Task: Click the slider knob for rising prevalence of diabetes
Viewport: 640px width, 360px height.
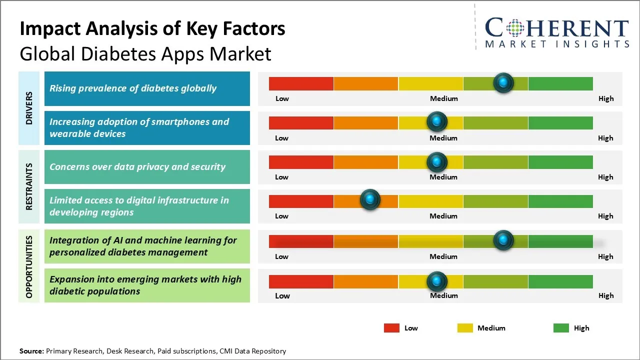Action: click(503, 82)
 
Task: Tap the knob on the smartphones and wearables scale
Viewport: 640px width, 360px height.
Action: click(437, 121)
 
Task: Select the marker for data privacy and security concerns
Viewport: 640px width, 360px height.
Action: click(437, 161)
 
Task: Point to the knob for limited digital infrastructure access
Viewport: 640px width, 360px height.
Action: click(370, 200)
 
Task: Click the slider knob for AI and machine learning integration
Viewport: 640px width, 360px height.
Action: click(503, 240)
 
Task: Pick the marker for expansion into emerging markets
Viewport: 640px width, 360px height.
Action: click(437, 281)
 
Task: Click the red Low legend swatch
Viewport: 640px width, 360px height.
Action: click(391, 328)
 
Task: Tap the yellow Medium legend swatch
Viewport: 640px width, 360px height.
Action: click(465, 328)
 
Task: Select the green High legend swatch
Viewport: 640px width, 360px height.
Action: click(561, 328)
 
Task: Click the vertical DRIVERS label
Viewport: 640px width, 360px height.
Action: click(29, 108)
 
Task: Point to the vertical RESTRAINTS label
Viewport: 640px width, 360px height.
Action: click(29, 186)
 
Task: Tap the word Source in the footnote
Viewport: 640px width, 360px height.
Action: click(31, 351)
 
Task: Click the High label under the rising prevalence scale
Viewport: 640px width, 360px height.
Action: click(605, 98)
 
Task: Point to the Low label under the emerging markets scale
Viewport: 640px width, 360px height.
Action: click(282, 295)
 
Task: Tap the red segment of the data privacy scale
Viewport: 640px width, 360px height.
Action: click(301, 162)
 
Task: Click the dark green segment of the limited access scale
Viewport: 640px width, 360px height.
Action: click(560, 201)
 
